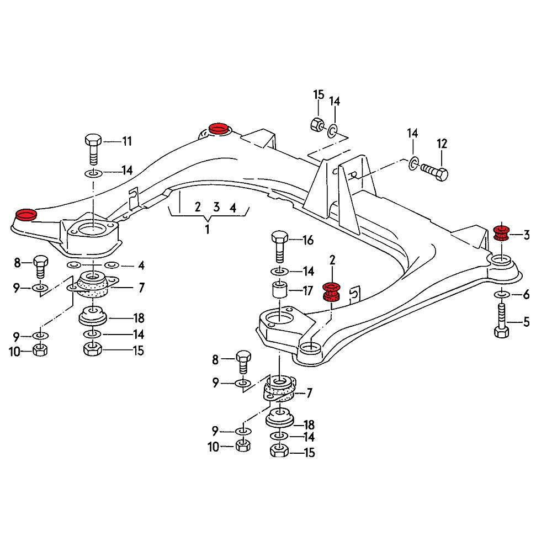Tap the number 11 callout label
[127, 141]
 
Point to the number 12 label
[442, 144]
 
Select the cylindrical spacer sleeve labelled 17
[279, 290]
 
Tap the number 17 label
[307, 290]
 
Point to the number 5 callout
[526, 322]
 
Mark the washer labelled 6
[500, 294]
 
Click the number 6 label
[526, 294]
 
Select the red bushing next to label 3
[501, 233]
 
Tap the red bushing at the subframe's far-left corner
[25, 214]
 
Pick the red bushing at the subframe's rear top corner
[219, 129]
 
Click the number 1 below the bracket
[207, 229]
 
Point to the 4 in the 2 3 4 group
[233, 208]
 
